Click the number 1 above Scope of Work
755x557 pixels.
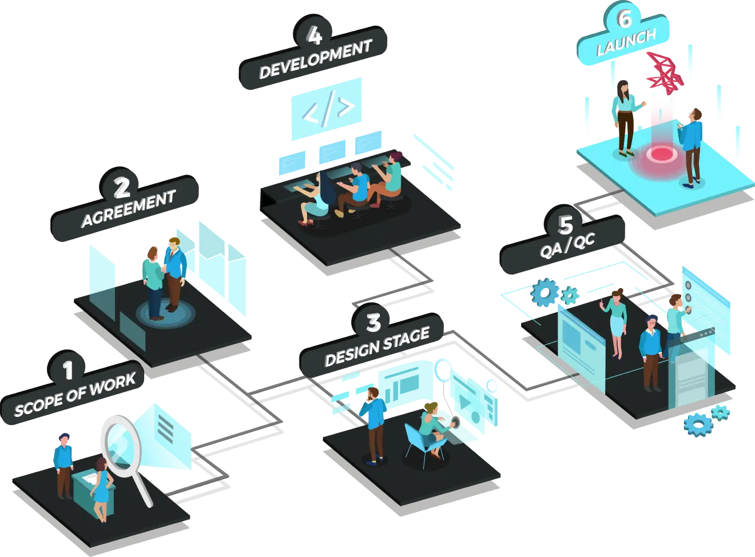tap(69, 370)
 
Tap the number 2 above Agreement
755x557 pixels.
tap(122, 188)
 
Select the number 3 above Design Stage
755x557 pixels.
tap(373, 323)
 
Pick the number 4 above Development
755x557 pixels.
tap(314, 35)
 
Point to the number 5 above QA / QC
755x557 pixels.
tap(565, 225)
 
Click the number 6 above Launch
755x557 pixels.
tap(625, 19)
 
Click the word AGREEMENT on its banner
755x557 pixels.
tap(128, 209)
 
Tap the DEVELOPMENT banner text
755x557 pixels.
tap(315, 59)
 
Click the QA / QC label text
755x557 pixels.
tap(567, 248)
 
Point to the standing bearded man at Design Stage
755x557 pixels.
tap(375, 423)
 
